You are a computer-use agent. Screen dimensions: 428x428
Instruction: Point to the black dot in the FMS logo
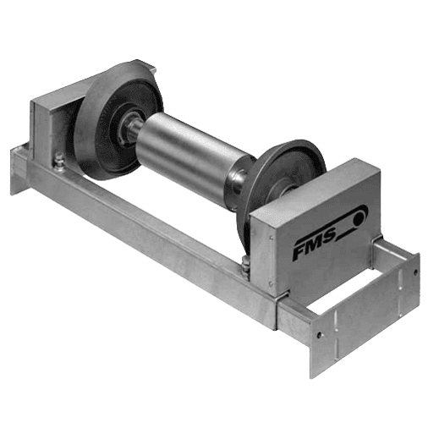tap(359, 218)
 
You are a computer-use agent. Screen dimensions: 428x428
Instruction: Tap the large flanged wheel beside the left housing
tap(118, 120)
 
